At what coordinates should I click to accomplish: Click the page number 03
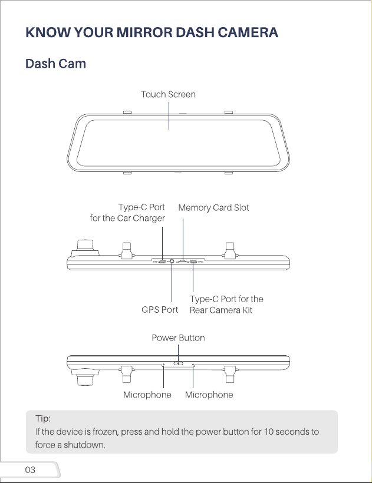pos(30,470)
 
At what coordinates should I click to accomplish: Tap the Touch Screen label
pos(168,94)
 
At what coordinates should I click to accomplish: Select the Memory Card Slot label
pos(213,207)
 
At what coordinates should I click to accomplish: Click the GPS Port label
pos(160,310)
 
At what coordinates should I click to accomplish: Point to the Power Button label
pos(178,338)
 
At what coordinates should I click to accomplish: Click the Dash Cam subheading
pos(55,64)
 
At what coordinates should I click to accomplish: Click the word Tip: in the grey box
pos(43,418)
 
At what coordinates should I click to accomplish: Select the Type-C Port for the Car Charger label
pos(127,213)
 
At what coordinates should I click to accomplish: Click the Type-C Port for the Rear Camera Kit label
pos(226,305)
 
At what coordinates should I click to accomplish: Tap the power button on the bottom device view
pos(178,363)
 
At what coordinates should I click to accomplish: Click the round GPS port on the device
pos(172,262)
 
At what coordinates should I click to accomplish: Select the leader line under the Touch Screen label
pos(169,116)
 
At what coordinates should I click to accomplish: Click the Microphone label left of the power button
pos(147,395)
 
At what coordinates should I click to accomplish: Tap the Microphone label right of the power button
pos(209,395)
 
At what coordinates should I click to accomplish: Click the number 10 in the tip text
pos(268,432)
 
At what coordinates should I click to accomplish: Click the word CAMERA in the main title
pos(248,32)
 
